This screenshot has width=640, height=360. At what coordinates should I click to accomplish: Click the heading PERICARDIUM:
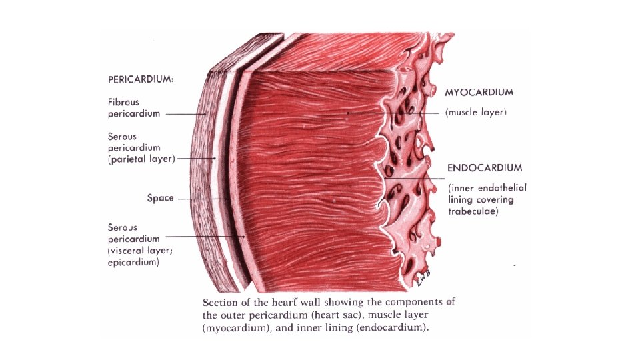[141, 79]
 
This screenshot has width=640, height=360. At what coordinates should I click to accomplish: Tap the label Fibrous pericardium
[134, 108]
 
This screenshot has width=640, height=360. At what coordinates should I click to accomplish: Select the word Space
[160, 198]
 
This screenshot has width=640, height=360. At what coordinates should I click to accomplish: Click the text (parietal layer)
[141, 159]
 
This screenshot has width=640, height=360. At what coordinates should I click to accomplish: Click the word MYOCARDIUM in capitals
[475, 92]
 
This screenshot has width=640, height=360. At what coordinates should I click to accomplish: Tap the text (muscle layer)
[475, 113]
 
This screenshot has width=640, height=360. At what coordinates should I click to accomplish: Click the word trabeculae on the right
[473, 212]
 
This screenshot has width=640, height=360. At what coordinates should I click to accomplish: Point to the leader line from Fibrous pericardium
[185, 114]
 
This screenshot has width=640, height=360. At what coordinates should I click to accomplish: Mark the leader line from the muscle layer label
[393, 113]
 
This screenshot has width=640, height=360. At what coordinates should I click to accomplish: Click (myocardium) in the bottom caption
[237, 328]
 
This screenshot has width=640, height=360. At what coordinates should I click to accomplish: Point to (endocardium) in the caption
[393, 328]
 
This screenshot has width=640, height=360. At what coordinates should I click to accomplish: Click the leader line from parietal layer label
[196, 159]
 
